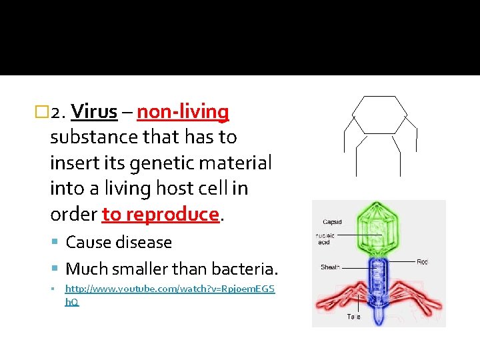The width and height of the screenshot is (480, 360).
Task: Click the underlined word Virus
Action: tap(93, 111)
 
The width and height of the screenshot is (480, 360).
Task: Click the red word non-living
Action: tap(183, 111)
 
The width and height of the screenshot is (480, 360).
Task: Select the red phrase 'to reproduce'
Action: tap(161, 214)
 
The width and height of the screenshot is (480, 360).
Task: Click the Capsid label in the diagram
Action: tap(333, 222)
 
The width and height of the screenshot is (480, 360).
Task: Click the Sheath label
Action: tap(330, 267)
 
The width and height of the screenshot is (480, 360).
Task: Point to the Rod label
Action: tap(422, 262)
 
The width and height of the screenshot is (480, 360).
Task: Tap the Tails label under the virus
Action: tap(353, 317)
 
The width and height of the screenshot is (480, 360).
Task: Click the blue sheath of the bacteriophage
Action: tap(378, 273)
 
